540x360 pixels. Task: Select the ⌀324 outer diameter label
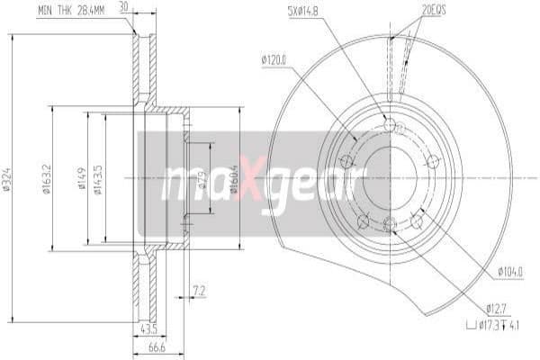pyautogui.click(x=9, y=179)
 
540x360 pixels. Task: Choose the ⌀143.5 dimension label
pyautogui.click(x=98, y=179)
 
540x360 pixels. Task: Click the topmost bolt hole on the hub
pyautogui.click(x=388, y=124)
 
